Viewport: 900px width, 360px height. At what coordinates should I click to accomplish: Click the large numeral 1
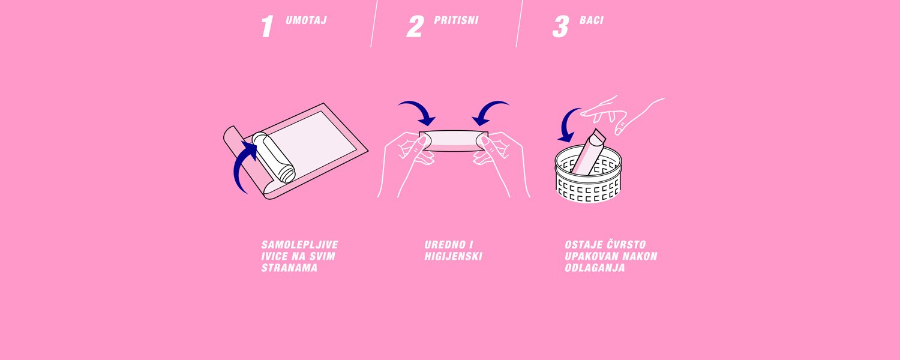click(x=267, y=26)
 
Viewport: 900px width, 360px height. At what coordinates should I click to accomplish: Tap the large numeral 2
click(x=415, y=26)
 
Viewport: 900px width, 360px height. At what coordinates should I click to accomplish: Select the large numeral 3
click(x=561, y=26)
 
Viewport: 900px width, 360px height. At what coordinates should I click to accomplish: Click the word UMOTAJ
click(x=306, y=20)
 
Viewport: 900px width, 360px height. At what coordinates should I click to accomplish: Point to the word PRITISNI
click(x=456, y=20)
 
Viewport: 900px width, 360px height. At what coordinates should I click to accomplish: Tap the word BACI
click(x=592, y=20)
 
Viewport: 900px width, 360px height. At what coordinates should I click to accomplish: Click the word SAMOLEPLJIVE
click(x=300, y=245)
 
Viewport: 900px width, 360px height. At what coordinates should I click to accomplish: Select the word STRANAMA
click(x=289, y=268)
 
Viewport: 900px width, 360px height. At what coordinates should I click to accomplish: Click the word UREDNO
click(x=445, y=245)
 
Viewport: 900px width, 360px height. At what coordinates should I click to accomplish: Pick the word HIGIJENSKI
click(x=453, y=256)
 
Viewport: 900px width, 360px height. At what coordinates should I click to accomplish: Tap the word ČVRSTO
click(x=626, y=244)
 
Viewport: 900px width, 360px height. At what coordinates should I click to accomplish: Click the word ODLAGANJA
click(x=595, y=268)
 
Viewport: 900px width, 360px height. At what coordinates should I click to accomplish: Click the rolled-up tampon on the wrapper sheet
click(x=274, y=157)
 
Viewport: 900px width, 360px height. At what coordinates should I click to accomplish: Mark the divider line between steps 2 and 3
click(x=520, y=23)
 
